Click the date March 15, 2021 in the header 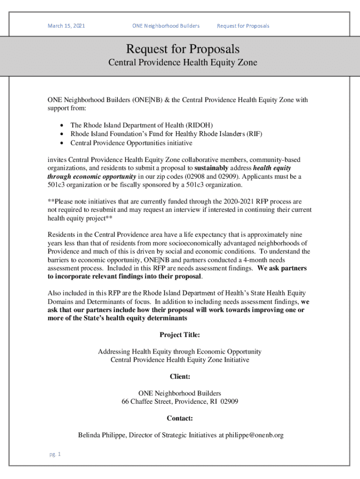point(66,26)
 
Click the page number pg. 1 point(54,454)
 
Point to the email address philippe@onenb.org point(254,435)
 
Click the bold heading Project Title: point(180,335)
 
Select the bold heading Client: point(180,377)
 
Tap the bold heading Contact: point(180,419)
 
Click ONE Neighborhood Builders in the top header point(166,26)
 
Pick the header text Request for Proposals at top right point(243,26)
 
